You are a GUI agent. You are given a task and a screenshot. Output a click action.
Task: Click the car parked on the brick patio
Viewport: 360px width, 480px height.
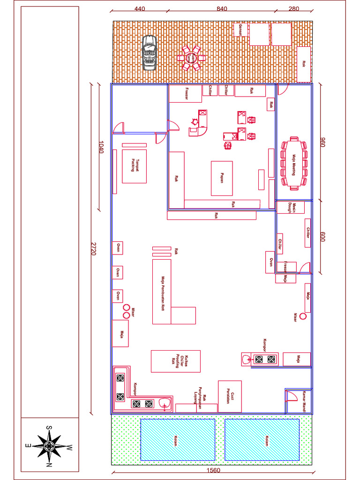150,52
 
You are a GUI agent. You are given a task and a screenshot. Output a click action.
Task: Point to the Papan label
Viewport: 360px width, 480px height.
222,178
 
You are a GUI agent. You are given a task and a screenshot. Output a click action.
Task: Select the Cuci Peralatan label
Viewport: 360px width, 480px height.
230,397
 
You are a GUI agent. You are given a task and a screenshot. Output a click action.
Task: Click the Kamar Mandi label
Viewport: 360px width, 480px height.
304,399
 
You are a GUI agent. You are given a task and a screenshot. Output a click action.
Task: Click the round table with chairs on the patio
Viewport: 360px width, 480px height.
191,58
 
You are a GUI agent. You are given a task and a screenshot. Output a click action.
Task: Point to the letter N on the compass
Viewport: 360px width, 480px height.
49,465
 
